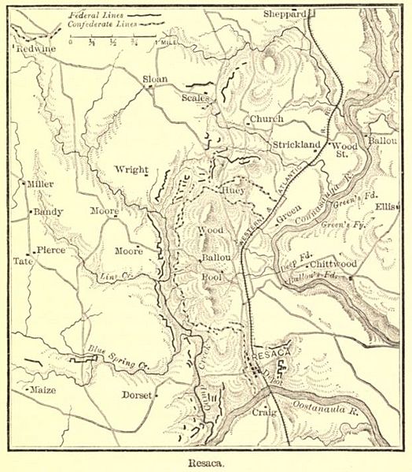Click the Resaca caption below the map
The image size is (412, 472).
click(x=206, y=464)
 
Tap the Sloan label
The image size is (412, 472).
click(x=156, y=80)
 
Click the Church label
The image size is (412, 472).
click(x=261, y=120)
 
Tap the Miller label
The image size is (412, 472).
click(x=39, y=184)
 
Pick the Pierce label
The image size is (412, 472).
click(x=48, y=251)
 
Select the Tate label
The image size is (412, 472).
click(x=22, y=260)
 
